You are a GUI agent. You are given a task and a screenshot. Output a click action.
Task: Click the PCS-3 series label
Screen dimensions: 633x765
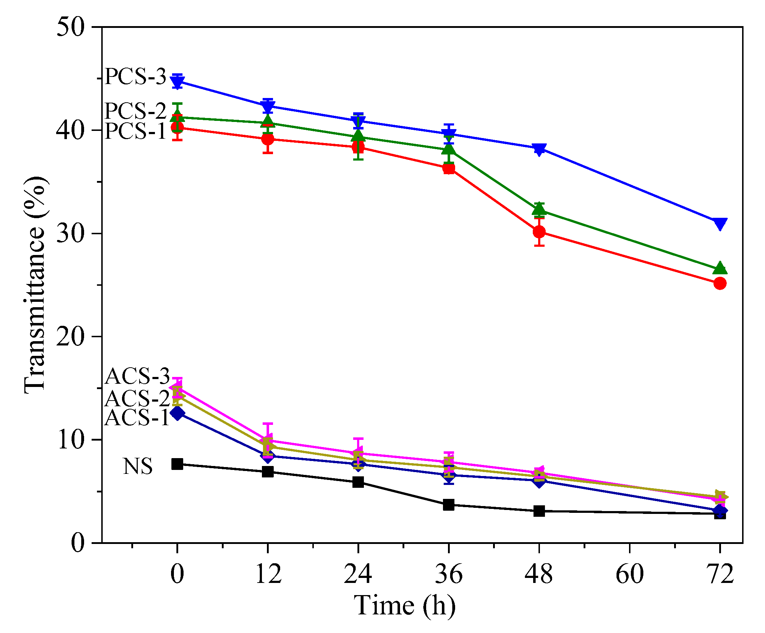(x=135, y=77)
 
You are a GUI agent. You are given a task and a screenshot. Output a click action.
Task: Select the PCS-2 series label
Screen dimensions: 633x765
(x=135, y=111)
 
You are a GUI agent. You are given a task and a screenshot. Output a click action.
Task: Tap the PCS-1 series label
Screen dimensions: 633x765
(x=135, y=131)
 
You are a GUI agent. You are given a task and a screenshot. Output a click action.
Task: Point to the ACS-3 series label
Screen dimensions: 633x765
(x=137, y=376)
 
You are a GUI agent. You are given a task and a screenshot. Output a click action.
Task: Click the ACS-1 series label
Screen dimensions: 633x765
(x=137, y=417)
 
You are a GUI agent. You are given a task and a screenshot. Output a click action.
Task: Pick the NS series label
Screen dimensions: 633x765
(x=138, y=466)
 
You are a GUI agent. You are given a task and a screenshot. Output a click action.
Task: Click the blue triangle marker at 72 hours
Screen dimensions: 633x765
(x=720, y=223)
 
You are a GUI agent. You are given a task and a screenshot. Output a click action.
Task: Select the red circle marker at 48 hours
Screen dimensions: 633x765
(x=539, y=232)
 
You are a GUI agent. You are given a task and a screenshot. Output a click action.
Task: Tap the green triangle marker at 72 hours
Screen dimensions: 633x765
(x=720, y=268)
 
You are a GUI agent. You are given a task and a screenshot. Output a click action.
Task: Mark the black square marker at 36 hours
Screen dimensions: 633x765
(x=449, y=505)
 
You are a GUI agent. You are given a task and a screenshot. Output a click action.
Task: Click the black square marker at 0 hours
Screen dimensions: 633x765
(x=177, y=464)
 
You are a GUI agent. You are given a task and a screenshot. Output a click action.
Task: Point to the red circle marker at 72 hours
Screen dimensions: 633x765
(x=720, y=283)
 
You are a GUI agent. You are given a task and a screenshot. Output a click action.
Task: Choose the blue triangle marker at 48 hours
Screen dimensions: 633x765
(x=539, y=149)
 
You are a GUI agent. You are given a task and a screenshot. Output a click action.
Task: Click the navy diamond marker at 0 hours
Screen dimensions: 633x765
(x=177, y=413)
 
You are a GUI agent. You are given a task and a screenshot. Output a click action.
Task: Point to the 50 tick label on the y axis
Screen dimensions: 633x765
(x=70, y=27)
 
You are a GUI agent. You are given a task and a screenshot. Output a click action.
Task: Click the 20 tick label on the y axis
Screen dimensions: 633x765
(x=70, y=337)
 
